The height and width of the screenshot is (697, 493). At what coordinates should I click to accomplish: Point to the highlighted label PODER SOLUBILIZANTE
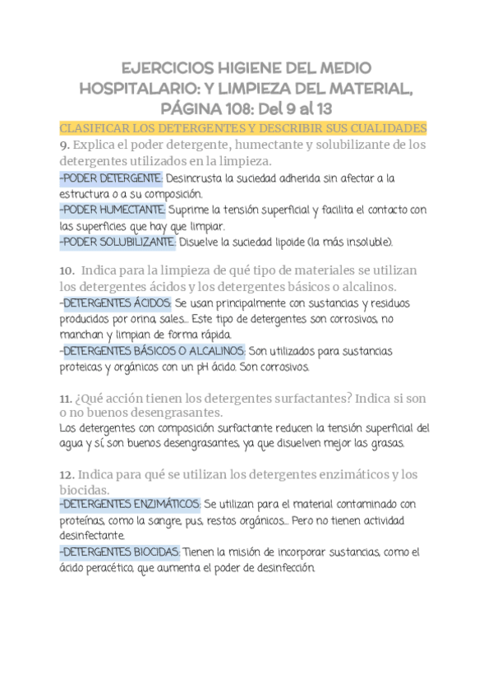pos(117,242)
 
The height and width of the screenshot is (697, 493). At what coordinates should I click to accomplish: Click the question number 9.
pos(64,145)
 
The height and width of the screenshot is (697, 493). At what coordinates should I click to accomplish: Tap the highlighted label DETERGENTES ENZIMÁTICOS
pos(130,503)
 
